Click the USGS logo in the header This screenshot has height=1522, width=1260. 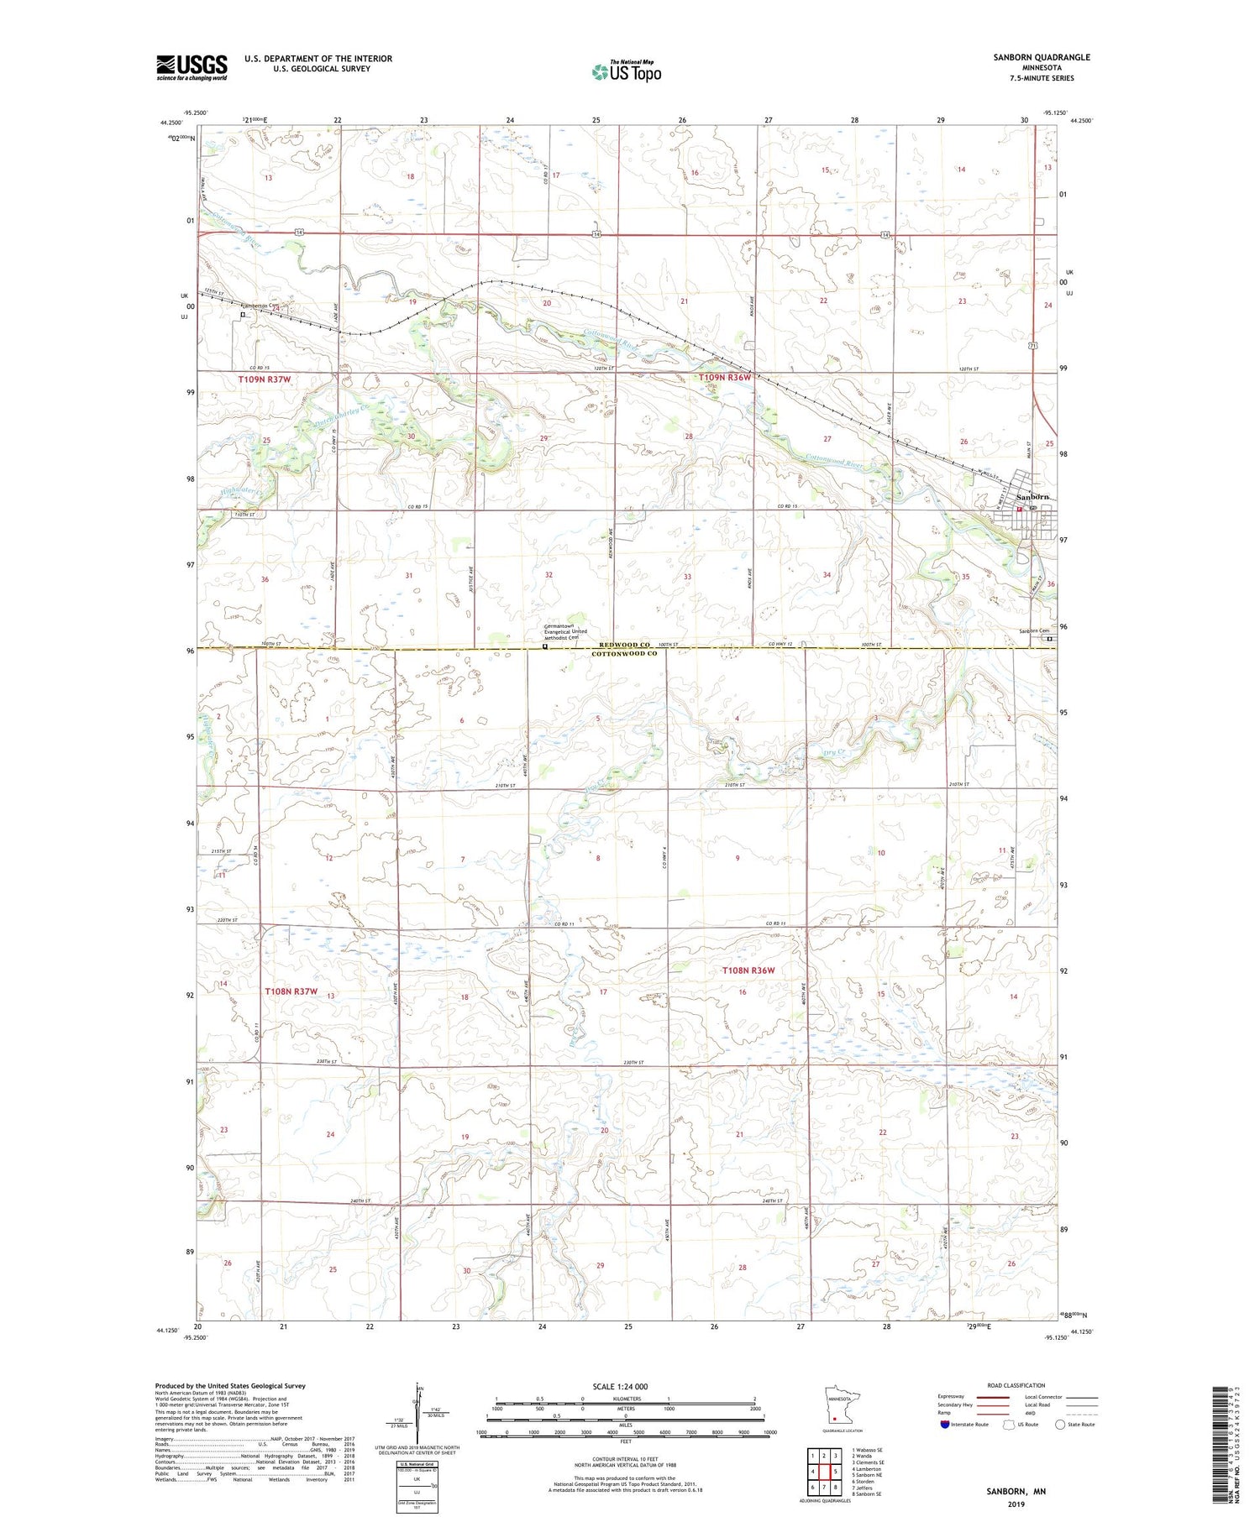[x=192, y=67]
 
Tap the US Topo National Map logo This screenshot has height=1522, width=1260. [x=626, y=71]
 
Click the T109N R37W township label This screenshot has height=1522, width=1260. [x=264, y=379]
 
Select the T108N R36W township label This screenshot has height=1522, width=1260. [x=748, y=970]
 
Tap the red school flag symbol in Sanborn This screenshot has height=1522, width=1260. [x=1020, y=509]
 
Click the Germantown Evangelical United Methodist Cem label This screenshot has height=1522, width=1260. [x=565, y=631]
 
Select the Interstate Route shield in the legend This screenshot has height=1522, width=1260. [x=945, y=1425]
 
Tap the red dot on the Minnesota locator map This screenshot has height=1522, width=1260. [x=834, y=1419]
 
